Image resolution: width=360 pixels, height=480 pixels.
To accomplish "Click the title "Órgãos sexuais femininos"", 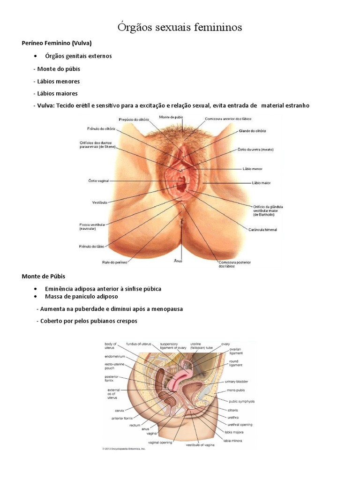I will (x=180, y=28).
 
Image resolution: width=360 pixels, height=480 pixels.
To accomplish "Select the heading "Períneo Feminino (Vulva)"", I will (x=53, y=43).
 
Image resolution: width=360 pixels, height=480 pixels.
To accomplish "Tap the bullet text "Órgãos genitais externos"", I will (x=78, y=56).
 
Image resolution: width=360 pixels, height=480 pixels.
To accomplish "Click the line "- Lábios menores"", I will (x=57, y=81).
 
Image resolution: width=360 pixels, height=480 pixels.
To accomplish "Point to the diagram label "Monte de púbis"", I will (x=170, y=117).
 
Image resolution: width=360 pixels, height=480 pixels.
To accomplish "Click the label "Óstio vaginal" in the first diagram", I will (x=100, y=180).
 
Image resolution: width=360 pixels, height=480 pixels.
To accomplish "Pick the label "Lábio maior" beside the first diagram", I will (x=261, y=183).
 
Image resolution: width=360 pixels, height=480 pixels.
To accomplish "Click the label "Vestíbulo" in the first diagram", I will (x=100, y=202).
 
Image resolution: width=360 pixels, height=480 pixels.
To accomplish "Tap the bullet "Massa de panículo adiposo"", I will (x=82, y=296).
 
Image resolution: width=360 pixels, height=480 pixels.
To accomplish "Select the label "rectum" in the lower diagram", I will (x=135, y=426).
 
